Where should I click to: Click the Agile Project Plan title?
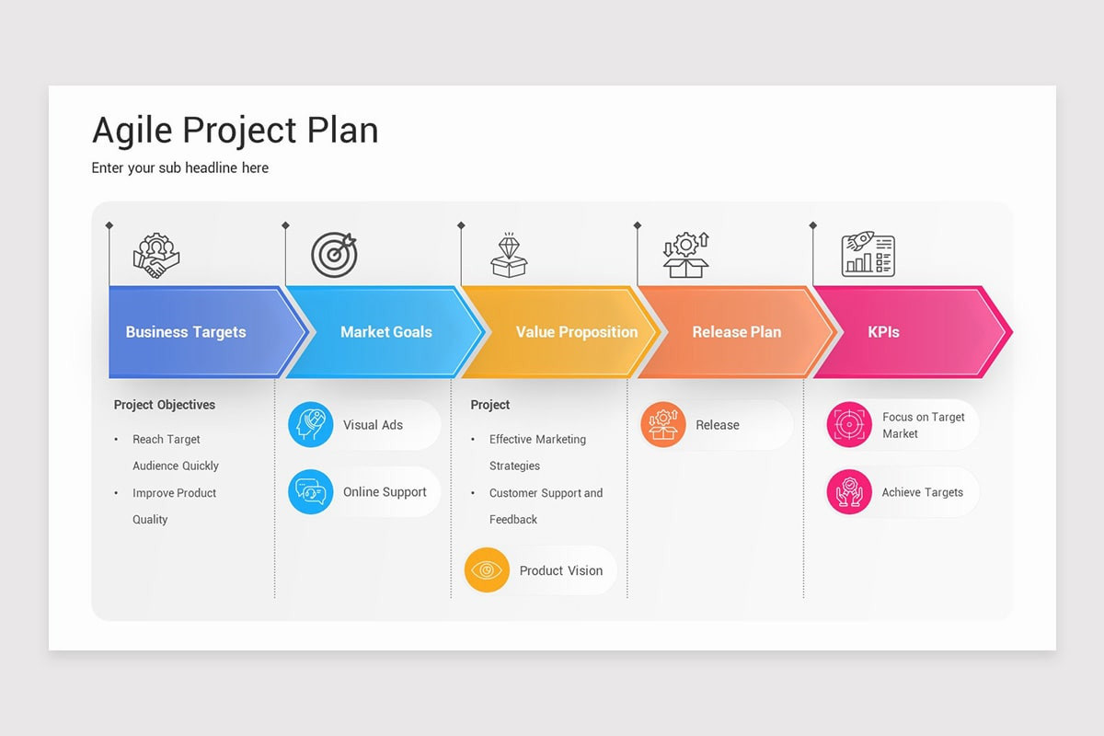click(x=235, y=130)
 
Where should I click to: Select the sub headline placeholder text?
click(x=180, y=167)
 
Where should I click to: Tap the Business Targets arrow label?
click(x=186, y=332)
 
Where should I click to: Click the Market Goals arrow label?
click(x=385, y=332)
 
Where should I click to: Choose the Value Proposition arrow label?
click(x=576, y=332)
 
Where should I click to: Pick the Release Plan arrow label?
click(x=736, y=332)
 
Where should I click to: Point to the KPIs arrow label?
click(x=883, y=332)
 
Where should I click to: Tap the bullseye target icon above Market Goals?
click(x=333, y=255)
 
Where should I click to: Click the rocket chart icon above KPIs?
click(x=868, y=255)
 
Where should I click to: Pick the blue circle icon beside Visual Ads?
click(x=311, y=425)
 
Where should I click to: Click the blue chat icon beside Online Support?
click(x=311, y=492)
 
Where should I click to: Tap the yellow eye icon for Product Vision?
click(x=487, y=570)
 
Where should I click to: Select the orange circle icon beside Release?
click(x=663, y=425)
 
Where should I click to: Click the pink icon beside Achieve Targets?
click(x=848, y=492)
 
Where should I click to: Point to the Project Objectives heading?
click(x=165, y=405)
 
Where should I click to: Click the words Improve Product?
click(x=174, y=493)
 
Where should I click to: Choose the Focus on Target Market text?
click(x=923, y=425)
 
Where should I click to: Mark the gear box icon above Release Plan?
click(x=686, y=255)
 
